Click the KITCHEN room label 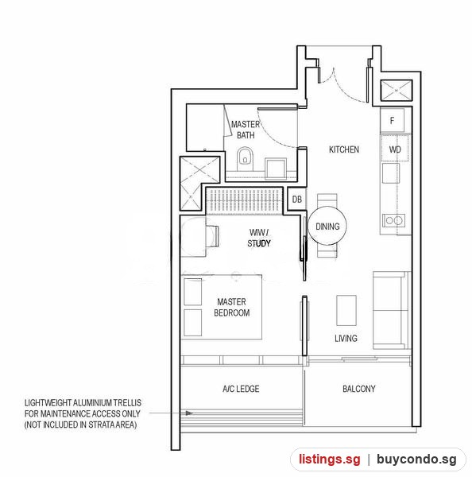click(x=344, y=149)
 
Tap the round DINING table click(x=327, y=227)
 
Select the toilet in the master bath click(x=245, y=159)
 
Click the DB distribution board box click(x=296, y=199)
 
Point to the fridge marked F click(x=392, y=121)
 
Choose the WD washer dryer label click(x=395, y=149)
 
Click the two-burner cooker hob click(x=394, y=220)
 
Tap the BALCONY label click(x=359, y=389)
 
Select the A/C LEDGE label click(x=241, y=389)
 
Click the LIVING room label click(x=346, y=338)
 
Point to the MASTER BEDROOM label click(x=232, y=307)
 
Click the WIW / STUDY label click(x=259, y=238)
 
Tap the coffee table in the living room click(x=346, y=310)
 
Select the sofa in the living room click(x=391, y=310)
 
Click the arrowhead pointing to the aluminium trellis click(x=189, y=413)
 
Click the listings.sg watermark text click(x=329, y=459)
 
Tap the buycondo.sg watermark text click(x=416, y=460)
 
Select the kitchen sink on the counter click(x=391, y=173)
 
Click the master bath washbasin click(x=276, y=169)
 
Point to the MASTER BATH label click(x=246, y=130)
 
